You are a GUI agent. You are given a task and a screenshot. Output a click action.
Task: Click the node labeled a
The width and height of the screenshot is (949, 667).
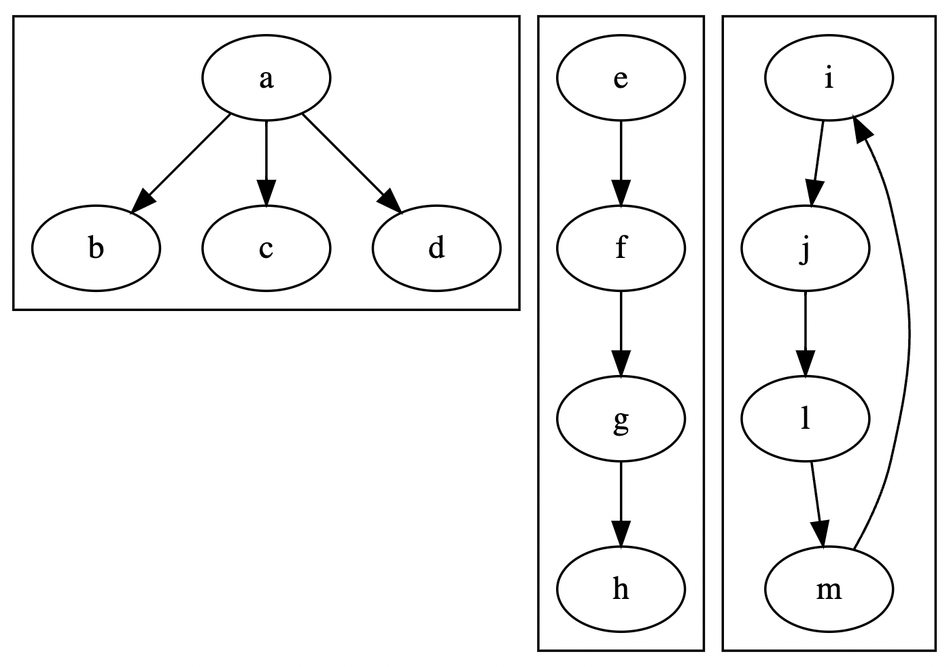pyautogui.click(x=266, y=78)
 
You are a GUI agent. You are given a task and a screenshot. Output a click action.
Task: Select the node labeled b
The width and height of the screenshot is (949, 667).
pyautogui.click(x=96, y=248)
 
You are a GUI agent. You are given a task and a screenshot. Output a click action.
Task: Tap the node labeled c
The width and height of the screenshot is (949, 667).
pyautogui.click(x=266, y=248)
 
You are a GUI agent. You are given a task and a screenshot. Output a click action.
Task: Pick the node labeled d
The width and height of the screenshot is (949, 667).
pyautogui.click(x=436, y=248)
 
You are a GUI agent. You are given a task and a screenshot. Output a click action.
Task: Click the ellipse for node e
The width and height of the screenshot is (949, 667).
pyautogui.click(x=621, y=78)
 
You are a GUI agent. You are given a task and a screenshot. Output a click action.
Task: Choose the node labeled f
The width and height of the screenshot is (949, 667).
pyautogui.click(x=621, y=248)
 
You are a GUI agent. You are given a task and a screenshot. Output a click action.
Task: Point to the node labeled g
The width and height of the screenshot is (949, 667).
pyautogui.click(x=621, y=419)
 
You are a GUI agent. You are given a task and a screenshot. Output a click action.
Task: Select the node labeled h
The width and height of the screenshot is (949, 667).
pyautogui.click(x=621, y=589)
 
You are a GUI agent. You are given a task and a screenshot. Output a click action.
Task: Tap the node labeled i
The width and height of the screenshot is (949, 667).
pyautogui.click(x=829, y=78)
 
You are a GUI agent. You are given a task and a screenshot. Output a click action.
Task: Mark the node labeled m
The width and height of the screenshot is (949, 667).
pyautogui.click(x=829, y=589)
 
